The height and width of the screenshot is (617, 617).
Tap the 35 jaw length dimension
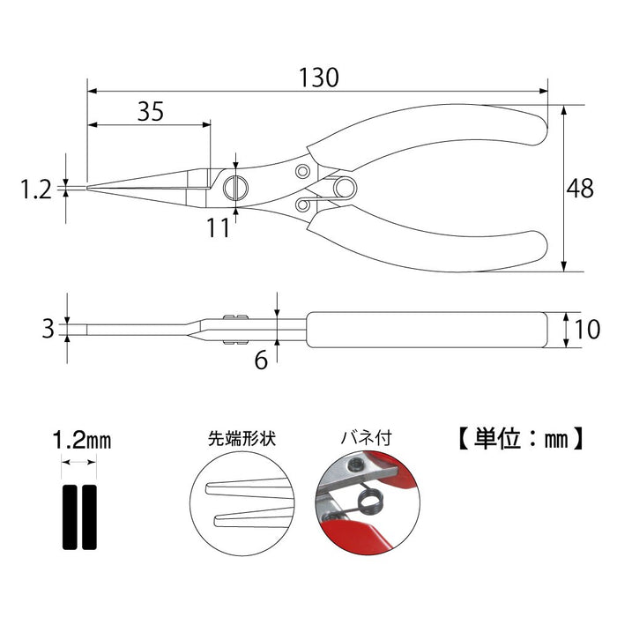point(151,111)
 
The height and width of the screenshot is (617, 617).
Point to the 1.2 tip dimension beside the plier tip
point(38,188)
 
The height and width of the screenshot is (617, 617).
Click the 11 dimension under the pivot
point(218,227)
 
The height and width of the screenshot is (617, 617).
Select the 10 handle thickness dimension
point(586,330)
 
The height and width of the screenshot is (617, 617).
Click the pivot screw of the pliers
point(237,187)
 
